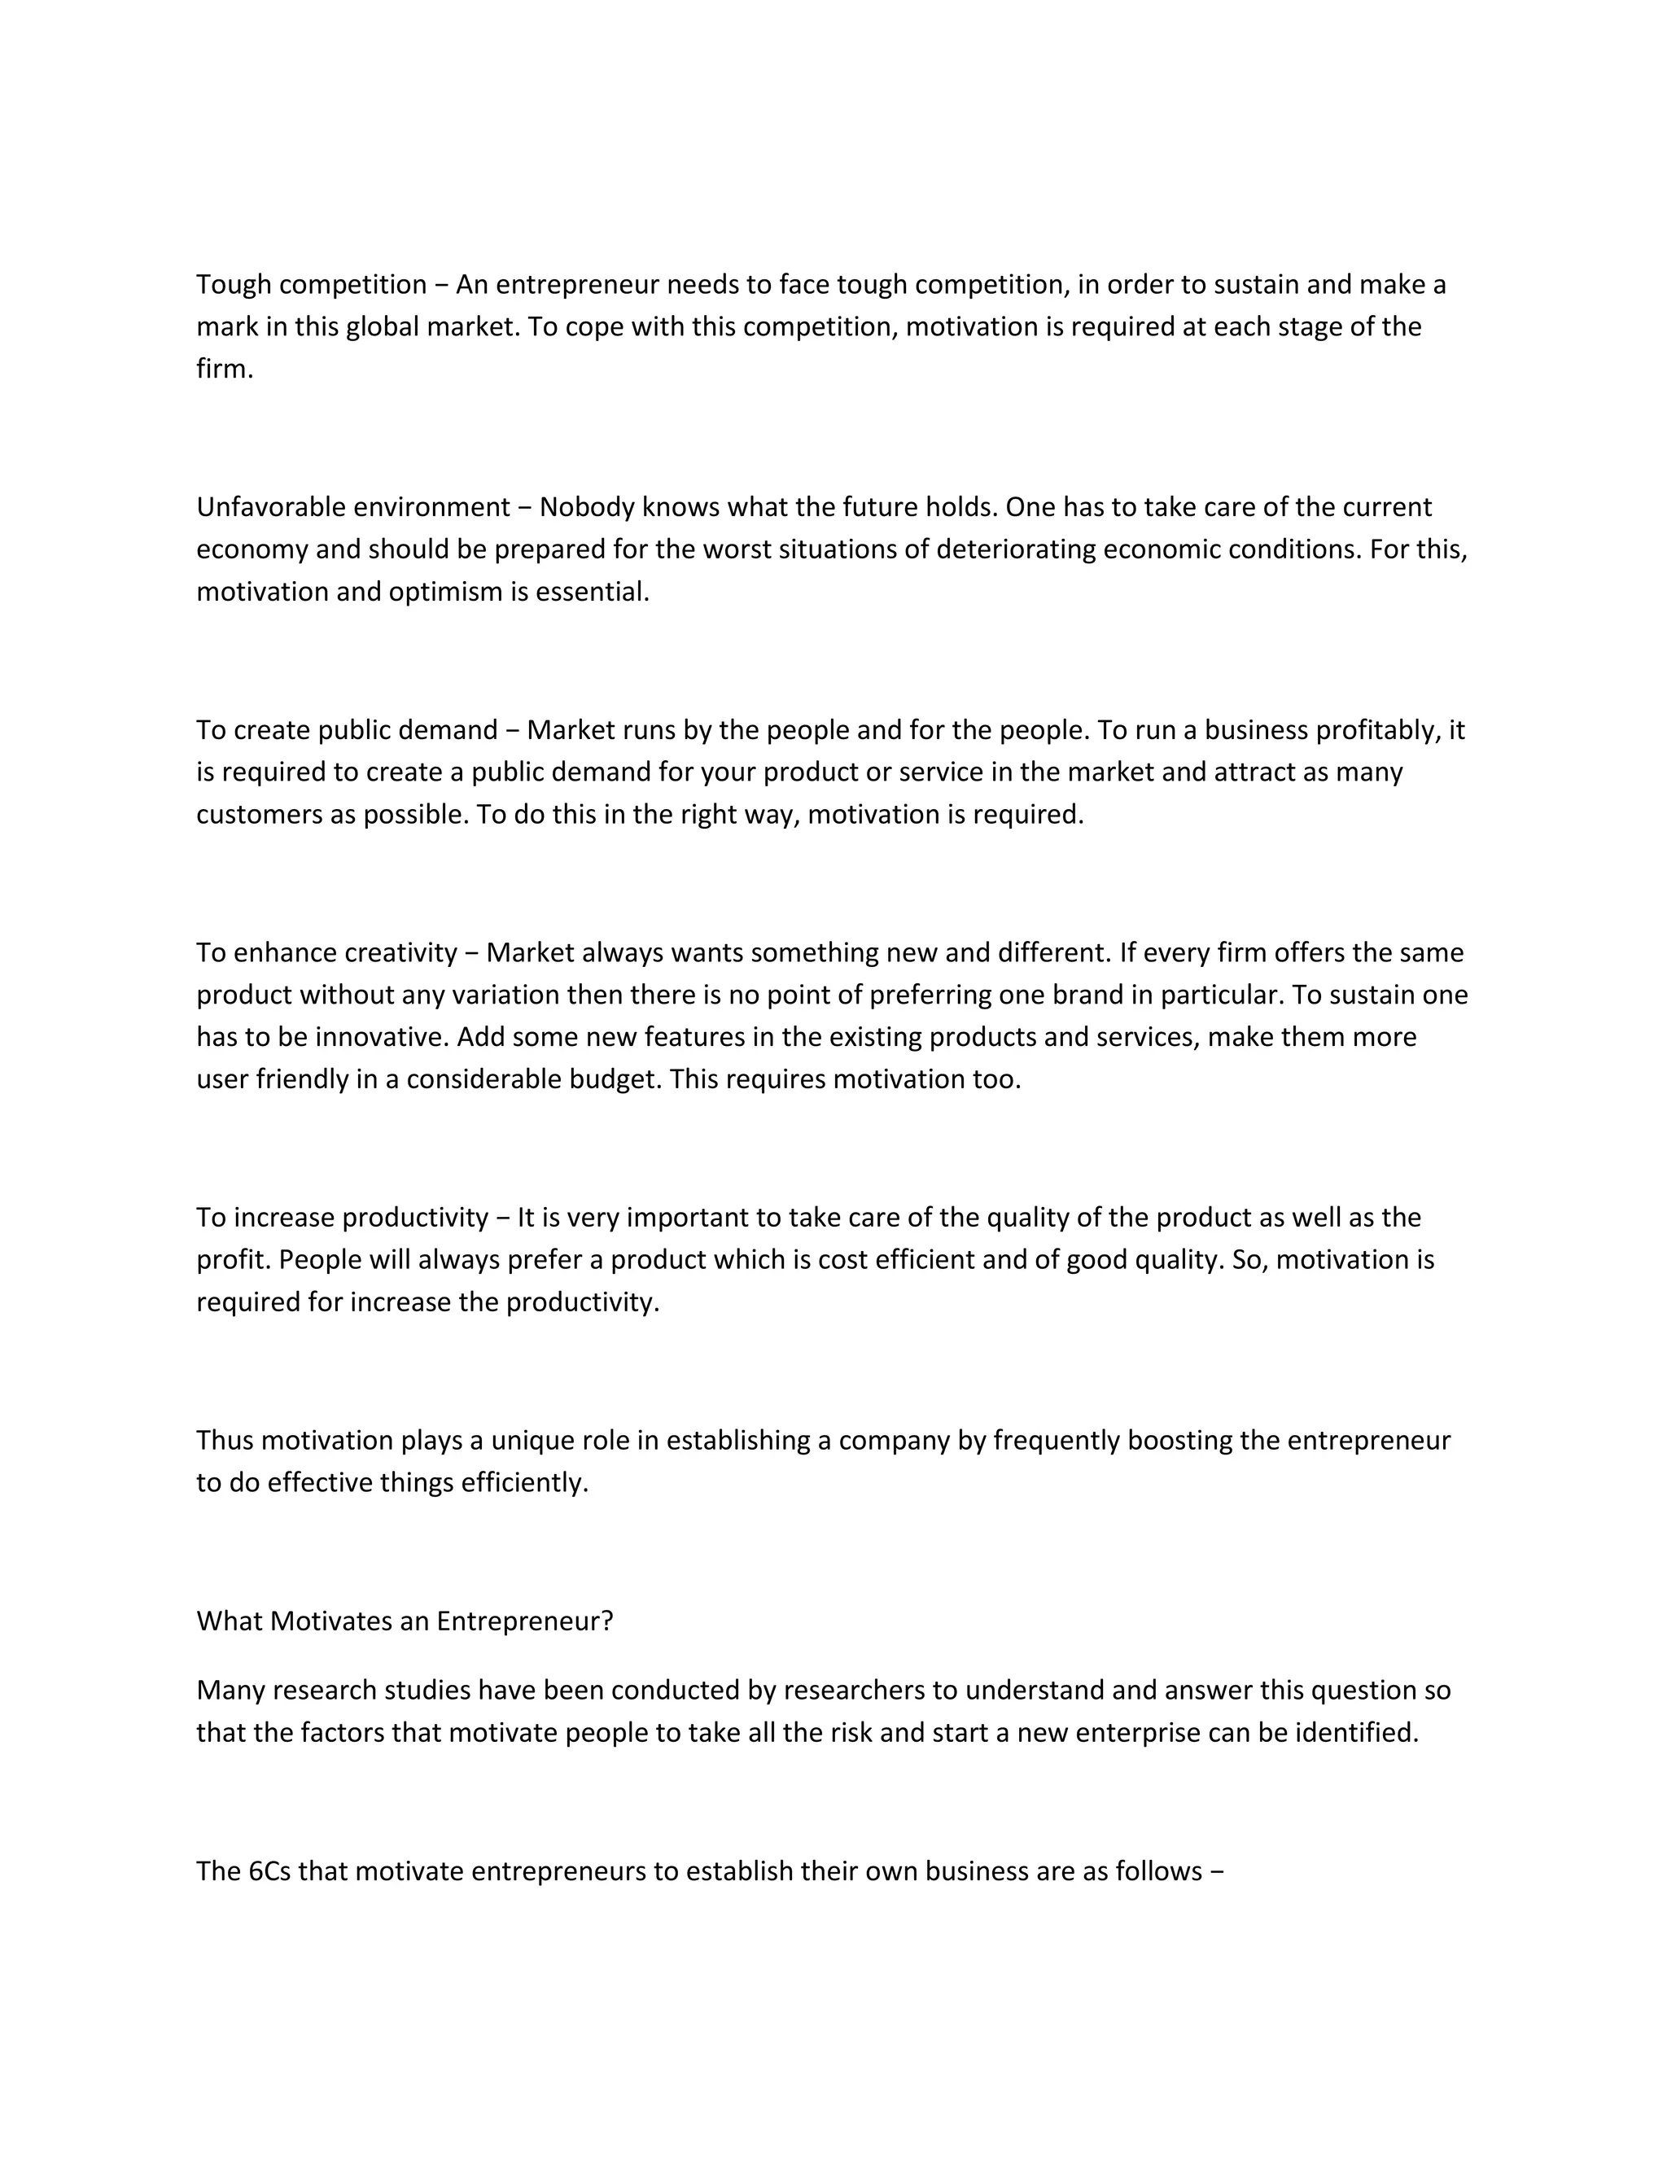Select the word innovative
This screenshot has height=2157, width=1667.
click(x=379, y=1037)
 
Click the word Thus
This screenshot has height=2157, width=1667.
click(x=224, y=1440)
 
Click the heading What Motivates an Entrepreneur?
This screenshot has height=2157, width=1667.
click(x=405, y=1621)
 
